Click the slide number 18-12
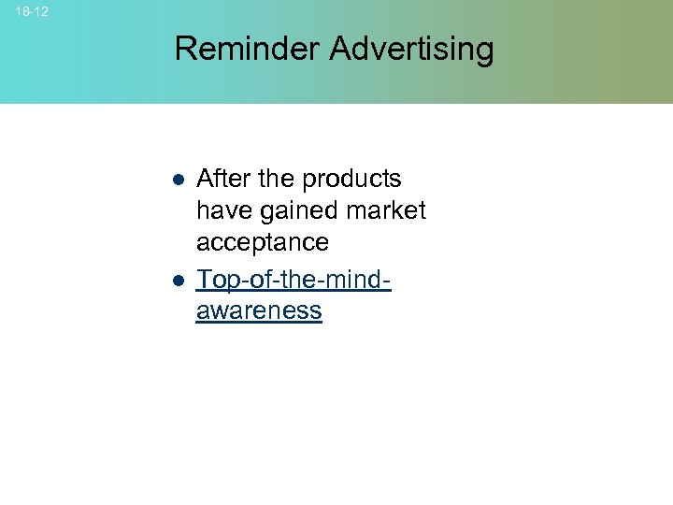pyautogui.click(x=32, y=11)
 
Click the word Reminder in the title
pyautogui.click(x=247, y=49)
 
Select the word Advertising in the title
pyautogui.click(x=411, y=49)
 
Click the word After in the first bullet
pyautogui.click(x=222, y=179)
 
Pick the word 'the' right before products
pyautogui.click(x=274, y=179)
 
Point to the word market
pyautogui.click(x=386, y=210)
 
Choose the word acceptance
pyautogui.click(x=263, y=243)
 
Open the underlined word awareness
pyautogui.click(x=259, y=311)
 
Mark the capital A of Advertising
pyautogui.click(x=339, y=49)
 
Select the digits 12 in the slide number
pyautogui.click(x=40, y=11)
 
